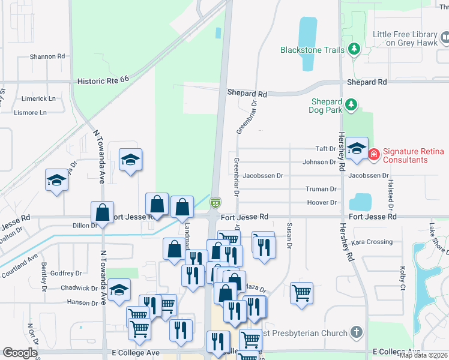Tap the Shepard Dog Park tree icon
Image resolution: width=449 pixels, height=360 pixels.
click(x=354, y=106)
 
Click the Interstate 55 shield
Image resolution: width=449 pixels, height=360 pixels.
click(x=214, y=204)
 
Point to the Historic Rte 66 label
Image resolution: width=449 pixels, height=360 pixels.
click(x=103, y=80)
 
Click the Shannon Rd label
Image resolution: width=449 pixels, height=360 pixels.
click(x=47, y=56)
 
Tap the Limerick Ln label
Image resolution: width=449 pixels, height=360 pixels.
click(x=38, y=98)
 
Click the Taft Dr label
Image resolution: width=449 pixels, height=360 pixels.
click(x=326, y=149)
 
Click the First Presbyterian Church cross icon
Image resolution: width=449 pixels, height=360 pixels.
click(x=356, y=332)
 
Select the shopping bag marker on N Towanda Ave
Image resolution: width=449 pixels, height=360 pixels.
click(x=103, y=212)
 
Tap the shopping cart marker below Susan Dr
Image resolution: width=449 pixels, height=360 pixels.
click(x=301, y=293)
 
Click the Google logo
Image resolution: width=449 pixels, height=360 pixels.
click(x=20, y=353)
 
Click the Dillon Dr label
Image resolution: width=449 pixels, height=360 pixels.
click(x=85, y=226)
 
